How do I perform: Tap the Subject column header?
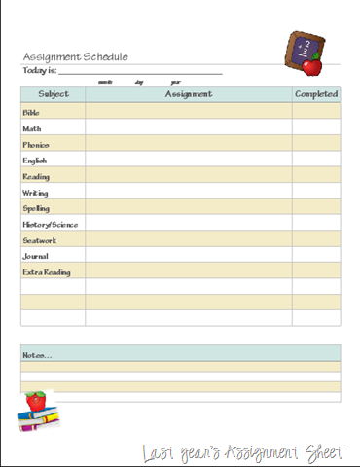(x=54, y=94)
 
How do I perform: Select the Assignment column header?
(x=189, y=94)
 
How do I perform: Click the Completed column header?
(x=316, y=94)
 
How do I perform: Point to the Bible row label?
(x=31, y=113)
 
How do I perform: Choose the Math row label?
(x=32, y=128)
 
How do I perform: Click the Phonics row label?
(x=36, y=144)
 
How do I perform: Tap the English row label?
(x=35, y=161)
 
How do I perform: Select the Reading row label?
(x=36, y=176)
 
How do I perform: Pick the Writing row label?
(x=35, y=193)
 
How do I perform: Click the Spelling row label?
(x=36, y=208)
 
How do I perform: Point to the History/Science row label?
(x=51, y=225)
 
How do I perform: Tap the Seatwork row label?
(x=39, y=240)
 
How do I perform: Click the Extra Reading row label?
(x=46, y=272)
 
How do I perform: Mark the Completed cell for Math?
(x=316, y=128)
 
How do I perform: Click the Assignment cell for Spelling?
(x=189, y=208)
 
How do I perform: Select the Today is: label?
(x=39, y=71)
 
